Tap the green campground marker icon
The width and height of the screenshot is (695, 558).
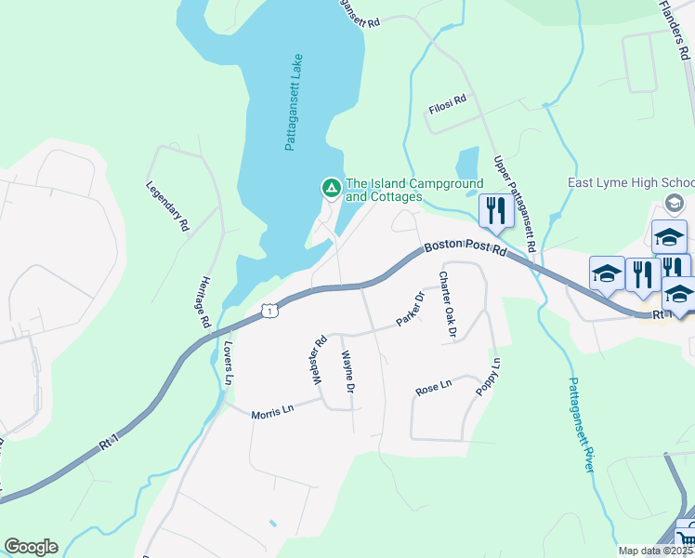330,189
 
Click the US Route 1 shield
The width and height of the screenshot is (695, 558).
268,310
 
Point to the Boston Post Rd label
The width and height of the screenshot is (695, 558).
465,250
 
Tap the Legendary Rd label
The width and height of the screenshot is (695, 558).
167,206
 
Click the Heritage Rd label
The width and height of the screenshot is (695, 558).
205,300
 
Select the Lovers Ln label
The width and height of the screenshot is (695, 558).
228,364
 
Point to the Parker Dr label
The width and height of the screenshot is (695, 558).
410,310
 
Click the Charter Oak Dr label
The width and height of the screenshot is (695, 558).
448,306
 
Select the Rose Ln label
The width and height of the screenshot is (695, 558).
433,387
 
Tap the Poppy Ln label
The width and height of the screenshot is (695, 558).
488,378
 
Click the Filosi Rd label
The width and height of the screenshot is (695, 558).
447,107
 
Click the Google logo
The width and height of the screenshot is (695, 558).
31,547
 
